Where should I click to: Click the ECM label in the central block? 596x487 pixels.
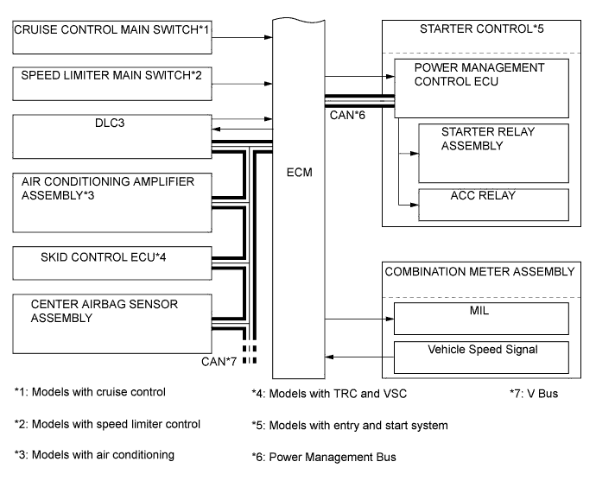pos(298,172)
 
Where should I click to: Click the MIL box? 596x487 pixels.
pos(481,317)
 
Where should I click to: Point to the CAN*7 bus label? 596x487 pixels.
pos(222,360)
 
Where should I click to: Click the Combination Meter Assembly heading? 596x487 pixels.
pos(479,271)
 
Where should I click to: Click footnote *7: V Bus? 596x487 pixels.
pos(535,393)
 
